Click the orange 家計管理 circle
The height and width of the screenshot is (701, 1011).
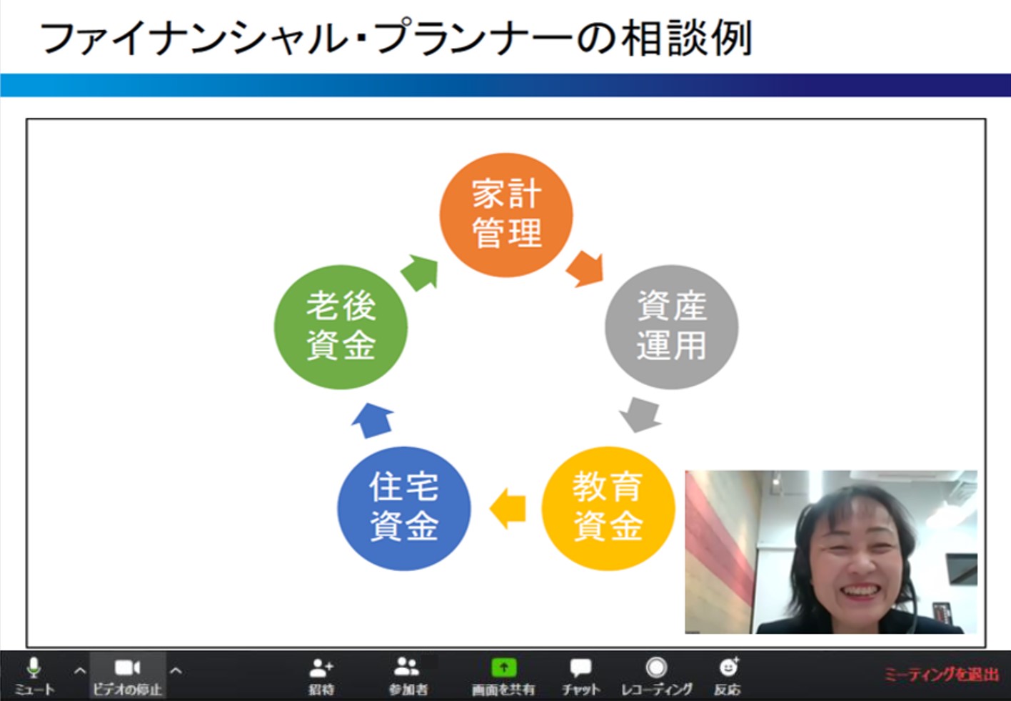[506, 215]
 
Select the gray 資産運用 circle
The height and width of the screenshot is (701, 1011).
[672, 327]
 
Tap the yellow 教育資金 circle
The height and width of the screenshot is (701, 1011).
[608, 509]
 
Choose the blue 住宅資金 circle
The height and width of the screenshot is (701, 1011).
[404, 509]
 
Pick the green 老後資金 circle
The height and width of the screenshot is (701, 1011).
[341, 327]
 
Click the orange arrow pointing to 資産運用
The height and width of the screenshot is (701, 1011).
[585, 269]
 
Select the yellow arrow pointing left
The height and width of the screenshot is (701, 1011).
[508, 509]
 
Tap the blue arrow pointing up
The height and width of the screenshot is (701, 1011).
[373, 420]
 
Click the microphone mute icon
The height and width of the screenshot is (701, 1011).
[33, 668]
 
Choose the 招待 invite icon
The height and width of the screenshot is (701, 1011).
[321, 668]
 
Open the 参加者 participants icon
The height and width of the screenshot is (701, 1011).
[406, 667]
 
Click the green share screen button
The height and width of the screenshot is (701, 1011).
[503, 667]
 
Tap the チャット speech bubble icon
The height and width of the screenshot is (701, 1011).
[580, 668]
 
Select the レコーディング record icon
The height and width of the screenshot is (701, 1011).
[656, 667]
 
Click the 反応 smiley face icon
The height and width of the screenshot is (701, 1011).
[728, 667]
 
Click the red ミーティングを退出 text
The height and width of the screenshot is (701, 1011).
[942, 675]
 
